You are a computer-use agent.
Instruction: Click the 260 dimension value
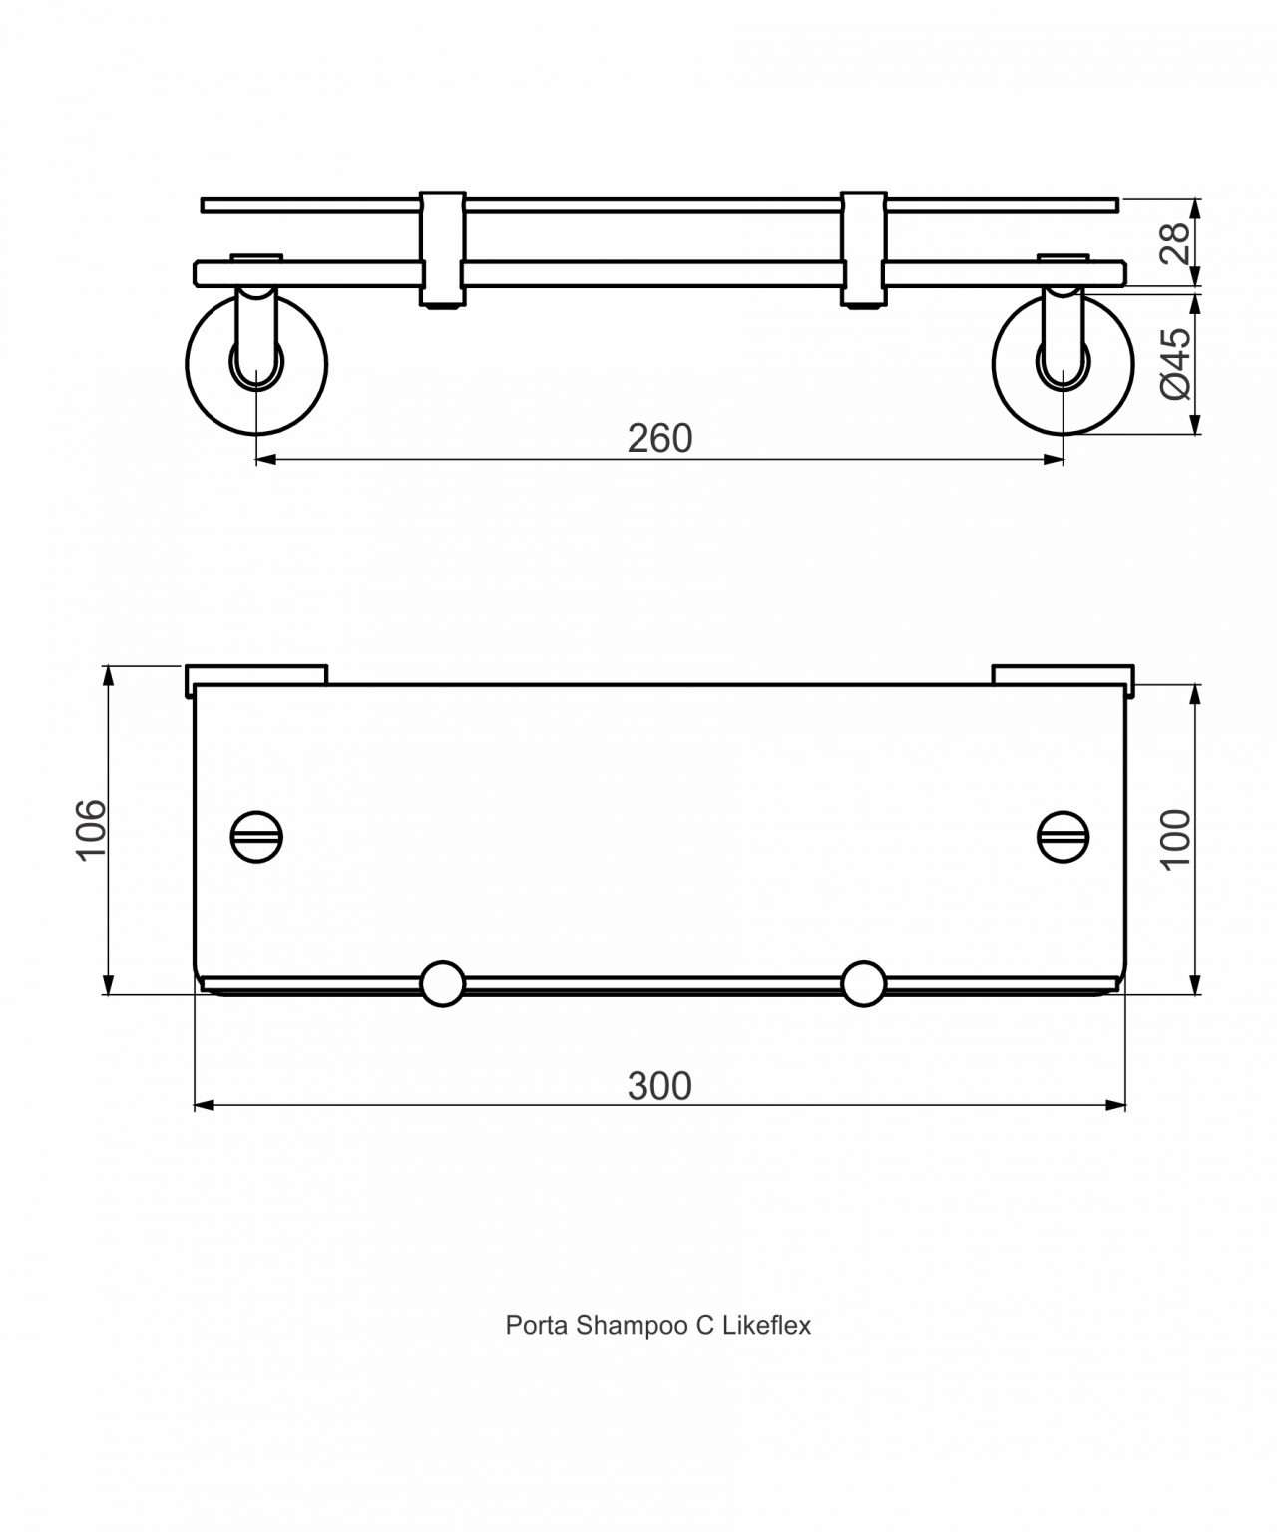tap(659, 438)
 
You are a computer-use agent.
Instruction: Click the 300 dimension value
tap(659, 1085)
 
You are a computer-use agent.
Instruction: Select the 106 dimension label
tap(91, 828)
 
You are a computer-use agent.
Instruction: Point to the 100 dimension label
tap(1176, 838)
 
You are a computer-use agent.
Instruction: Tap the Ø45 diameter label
tap(1176, 363)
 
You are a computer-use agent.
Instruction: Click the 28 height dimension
tap(1176, 242)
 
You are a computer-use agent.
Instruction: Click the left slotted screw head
tap(256, 835)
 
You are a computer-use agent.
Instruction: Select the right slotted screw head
tap(1064, 835)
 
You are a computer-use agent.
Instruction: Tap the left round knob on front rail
tap(442, 983)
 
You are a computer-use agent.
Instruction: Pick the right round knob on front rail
tap(863, 983)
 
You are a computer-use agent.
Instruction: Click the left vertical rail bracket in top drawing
tap(442, 248)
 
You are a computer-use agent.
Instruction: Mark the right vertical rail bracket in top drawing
tap(863, 248)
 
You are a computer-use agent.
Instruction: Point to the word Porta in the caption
tap(537, 1326)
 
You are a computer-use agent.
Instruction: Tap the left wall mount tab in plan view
tap(256, 674)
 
